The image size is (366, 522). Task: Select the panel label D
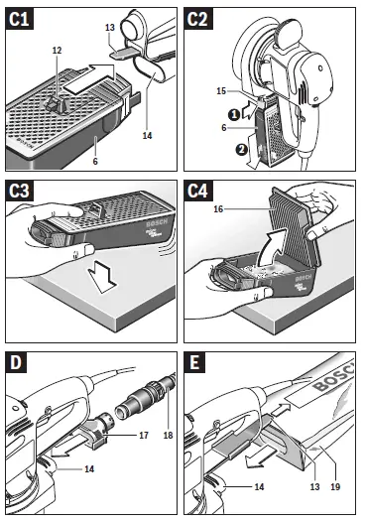coord(18,361)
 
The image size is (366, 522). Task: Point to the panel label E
coord(200,361)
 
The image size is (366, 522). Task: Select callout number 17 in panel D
coord(145,434)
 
